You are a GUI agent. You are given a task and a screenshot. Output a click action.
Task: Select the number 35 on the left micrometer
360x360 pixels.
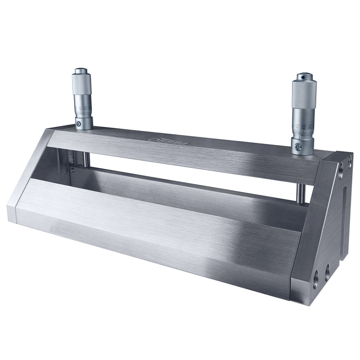point(86,109)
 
